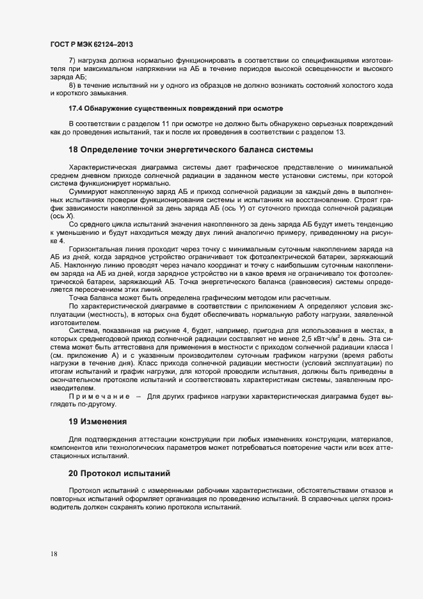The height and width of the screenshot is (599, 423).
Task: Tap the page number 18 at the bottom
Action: pyautogui.click(x=54, y=554)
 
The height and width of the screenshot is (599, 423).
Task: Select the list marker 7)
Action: pyautogui.click(x=74, y=60)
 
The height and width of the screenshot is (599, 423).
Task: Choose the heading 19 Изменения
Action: pyautogui.click(x=98, y=422)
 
